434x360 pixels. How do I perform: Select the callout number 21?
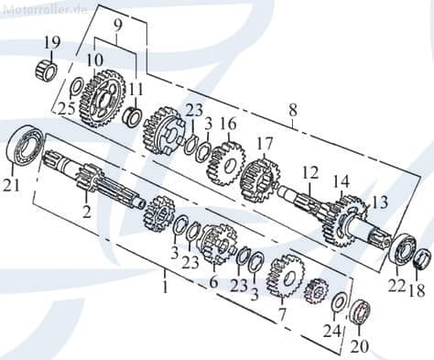coord(12,186)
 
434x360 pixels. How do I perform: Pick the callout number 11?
coord(137,88)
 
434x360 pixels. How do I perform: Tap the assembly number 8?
coord(292,111)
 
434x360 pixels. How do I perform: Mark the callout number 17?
coord(265,143)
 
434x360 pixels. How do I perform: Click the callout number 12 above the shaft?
coord(310,171)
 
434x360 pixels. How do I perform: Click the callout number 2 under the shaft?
coord(86,212)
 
